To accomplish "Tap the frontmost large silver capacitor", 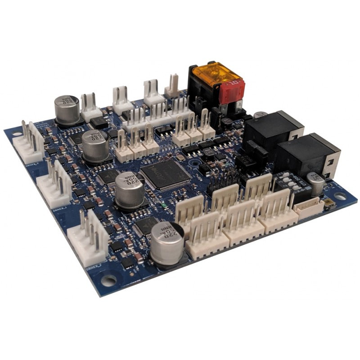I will click(166, 243).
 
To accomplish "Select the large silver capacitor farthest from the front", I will click(67, 108).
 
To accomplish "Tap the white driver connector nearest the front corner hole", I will click(88, 236).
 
